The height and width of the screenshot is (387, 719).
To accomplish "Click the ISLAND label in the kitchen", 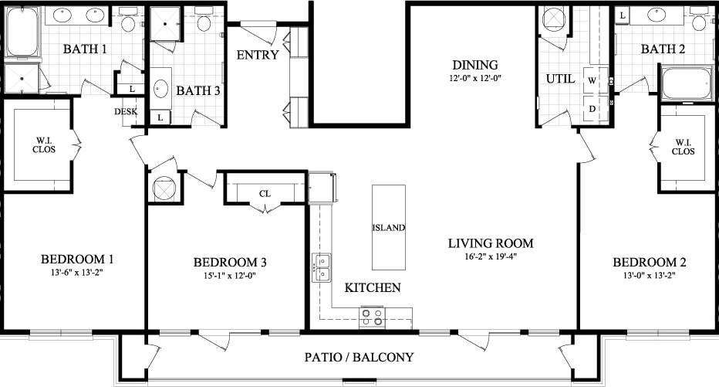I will point(389,228).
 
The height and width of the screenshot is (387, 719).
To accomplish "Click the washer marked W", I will point(593,80).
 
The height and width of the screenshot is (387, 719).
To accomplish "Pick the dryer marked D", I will point(593,108).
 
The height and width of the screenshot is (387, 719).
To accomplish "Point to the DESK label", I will point(126,111).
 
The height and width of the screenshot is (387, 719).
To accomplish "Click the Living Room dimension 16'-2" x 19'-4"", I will point(491,258).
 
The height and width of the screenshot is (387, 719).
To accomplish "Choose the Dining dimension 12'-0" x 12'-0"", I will point(476,79).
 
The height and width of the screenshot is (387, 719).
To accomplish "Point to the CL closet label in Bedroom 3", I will point(264,195).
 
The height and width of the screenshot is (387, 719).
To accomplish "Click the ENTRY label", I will point(258,55).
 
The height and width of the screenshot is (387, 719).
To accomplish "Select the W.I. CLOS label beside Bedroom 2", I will point(684,147).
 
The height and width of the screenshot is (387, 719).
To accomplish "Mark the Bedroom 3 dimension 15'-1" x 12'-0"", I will point(230,276).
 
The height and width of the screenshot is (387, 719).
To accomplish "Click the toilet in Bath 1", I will point(128,22).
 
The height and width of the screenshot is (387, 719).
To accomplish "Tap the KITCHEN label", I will point(373,288).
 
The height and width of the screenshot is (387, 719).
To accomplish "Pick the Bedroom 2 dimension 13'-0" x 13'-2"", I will point(647,276).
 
